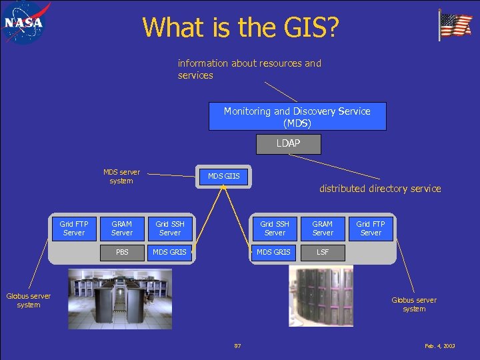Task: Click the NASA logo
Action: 25,22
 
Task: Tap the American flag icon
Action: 455,25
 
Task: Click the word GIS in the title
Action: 313,27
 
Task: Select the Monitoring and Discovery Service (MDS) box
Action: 297,117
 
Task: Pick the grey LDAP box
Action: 288,144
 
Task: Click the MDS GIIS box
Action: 224,177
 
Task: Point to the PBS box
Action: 122,253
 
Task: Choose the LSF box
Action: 323,253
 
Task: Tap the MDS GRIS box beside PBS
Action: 169,253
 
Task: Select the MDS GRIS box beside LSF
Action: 274,253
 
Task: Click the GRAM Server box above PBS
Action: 122,229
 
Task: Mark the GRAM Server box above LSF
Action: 323,229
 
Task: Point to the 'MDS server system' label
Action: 121,177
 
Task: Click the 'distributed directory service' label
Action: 380,189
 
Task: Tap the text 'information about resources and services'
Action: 249,69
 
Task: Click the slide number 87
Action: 237,345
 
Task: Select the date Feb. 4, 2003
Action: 440,346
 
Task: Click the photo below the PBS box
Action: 120,299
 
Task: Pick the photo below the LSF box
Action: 321,297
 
